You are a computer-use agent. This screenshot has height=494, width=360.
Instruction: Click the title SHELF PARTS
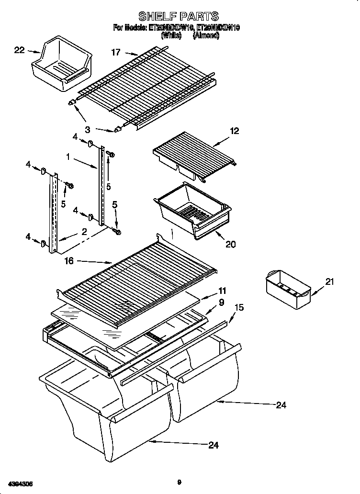[x=178, y=17]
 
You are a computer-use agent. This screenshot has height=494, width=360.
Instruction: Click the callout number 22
[x=19, y=49]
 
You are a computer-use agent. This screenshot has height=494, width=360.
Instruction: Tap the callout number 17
[x=116, y=53]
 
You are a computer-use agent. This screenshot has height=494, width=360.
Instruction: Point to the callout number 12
[x=235, y=131]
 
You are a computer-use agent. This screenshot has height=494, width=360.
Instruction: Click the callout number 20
[x=230, y=244]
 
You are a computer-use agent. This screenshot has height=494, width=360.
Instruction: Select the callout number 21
[x=329, y=282]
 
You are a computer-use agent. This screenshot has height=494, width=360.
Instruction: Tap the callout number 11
[x=222, y=291]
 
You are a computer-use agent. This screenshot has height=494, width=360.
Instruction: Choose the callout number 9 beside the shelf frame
[x=222, y=302]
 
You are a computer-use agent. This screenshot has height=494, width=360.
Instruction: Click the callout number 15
[x=239, y=307]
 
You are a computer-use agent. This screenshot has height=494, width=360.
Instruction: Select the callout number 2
[x=84, y=232]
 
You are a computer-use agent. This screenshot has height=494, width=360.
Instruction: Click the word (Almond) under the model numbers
[x=206, y=35]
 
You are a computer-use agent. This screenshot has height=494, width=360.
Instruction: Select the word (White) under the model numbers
[x=171, y=35]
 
